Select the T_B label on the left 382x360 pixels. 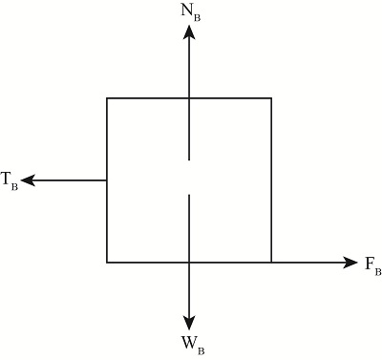(10, 179)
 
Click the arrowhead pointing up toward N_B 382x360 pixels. (190, 32)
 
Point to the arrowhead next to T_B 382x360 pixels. (29, 180)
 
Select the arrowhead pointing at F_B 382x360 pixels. (350, 262)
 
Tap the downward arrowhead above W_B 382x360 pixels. (190, 322)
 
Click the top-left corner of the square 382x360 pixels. (107, 97)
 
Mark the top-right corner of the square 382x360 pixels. (271, 97)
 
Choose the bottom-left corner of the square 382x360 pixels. (107, 262)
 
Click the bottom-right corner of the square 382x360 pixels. (271, 262)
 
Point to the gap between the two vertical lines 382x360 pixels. (190, 178)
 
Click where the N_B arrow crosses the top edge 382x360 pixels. (190, 97)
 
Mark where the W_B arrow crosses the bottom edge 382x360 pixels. (190, 262)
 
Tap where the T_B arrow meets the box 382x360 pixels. (107, 180)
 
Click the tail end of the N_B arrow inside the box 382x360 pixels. (190, 159)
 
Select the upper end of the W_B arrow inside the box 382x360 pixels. (190, 196)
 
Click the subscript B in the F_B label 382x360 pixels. (377, 269)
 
